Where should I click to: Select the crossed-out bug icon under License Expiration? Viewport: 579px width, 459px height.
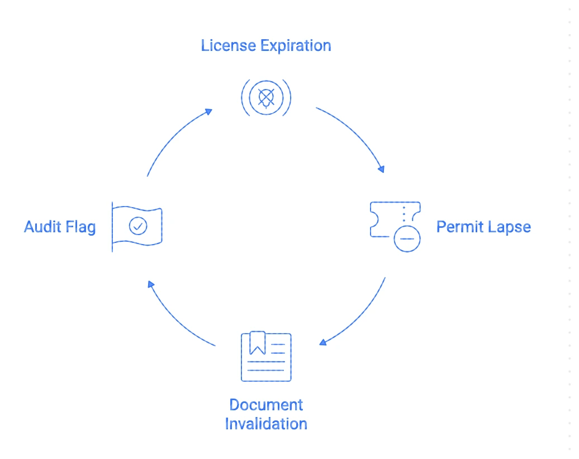click(x=265, y=98)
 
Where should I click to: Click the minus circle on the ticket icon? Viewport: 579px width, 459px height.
click(x=407, y=238)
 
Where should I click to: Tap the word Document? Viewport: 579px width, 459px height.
click(x=266, y=405)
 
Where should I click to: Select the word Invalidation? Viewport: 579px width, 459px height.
click(x=266, y=423)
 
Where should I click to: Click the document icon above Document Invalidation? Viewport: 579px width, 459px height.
click(x=266, y=357)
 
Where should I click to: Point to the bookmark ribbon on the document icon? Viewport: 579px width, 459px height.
click(x=257, y=343)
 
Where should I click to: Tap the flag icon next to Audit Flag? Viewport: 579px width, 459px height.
click(x=137, y=226)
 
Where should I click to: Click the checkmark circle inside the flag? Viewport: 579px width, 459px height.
click(x=137, y=226)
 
